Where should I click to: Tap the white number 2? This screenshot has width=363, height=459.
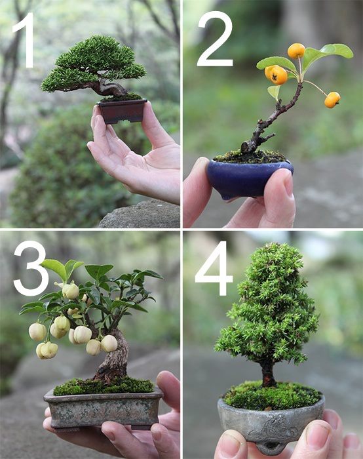click(x=215, y=39)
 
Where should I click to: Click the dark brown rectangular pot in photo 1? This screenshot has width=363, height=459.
click(x=123, y=111)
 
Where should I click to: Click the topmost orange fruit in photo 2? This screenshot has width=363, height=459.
click(x=296, y=51)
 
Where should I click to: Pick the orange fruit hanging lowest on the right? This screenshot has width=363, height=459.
click(x=332, y=100)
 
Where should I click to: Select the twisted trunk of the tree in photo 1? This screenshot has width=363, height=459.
click(x=109, y=87)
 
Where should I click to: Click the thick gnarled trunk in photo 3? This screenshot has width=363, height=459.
click(x=115, y=357)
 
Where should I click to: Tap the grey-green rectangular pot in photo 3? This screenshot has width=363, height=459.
click(x=103, y=408)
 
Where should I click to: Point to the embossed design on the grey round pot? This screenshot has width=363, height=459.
click(x=273, y=429)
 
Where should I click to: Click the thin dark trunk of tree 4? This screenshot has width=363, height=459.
click(x=268, y=372)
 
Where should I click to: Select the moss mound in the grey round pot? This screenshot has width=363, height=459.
click(x=272, y=395)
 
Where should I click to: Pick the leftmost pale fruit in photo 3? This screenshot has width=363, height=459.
click(x=37, y=332)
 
